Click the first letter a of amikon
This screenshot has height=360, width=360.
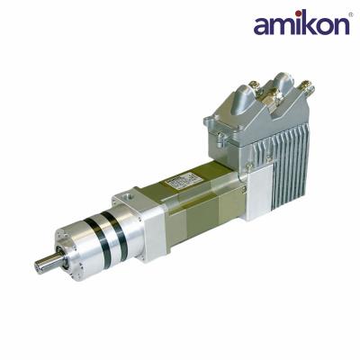262,28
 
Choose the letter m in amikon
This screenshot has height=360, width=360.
277,28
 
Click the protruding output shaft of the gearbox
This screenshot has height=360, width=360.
45,264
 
